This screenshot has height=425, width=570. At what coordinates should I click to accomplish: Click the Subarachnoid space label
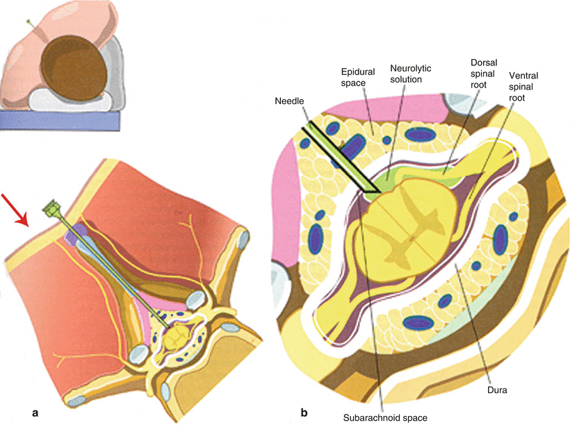coord(384,417)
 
